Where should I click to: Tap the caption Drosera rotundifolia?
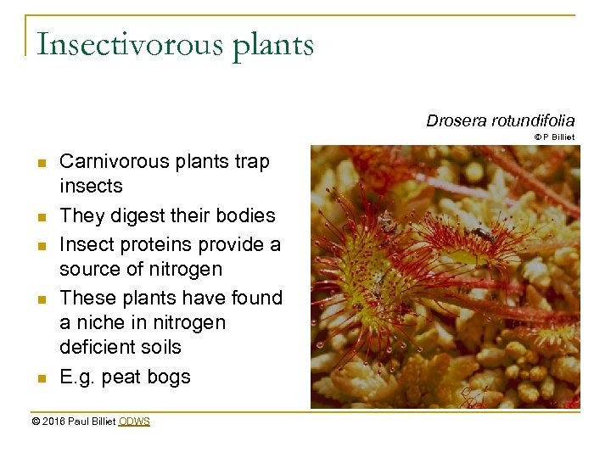(500, 121)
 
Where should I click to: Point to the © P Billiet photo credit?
(554, 137)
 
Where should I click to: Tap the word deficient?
(98, 347)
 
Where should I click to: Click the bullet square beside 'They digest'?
(41, 217)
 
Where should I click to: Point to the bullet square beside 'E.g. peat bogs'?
(41, 378)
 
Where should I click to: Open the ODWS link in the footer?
(134, 421)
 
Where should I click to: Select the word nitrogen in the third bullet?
(183, 269)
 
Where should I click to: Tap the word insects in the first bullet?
(91, 186)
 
